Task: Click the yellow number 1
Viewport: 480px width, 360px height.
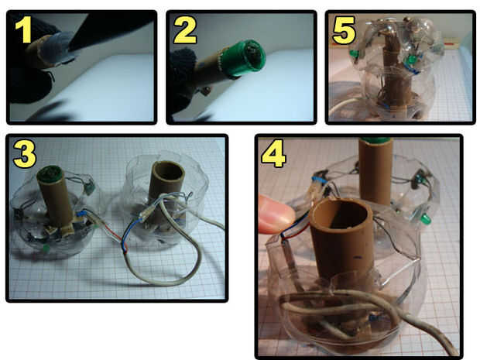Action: [x=23, y=29]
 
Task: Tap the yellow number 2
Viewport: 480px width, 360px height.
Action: [x=185, y=29]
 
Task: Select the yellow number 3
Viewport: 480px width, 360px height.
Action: [x=25, y=154]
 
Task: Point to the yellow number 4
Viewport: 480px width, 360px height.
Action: [x=274, y=155]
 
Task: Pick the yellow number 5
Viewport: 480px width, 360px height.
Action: [x=344, y=30]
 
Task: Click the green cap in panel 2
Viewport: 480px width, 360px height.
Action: [x=243, y=57]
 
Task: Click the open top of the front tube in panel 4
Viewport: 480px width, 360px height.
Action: [x=341, y=212]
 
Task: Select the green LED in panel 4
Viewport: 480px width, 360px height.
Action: [x=425, y=218]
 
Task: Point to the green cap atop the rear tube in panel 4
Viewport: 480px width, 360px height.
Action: [x=377, y=140]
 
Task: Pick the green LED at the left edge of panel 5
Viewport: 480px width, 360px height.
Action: [x=355, y=53]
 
